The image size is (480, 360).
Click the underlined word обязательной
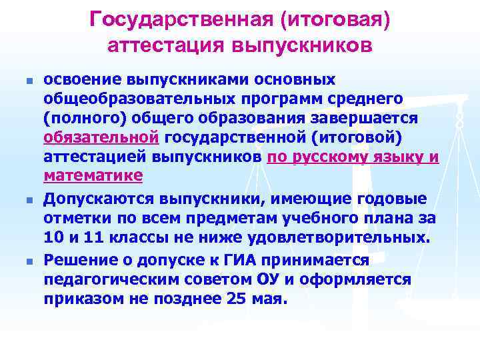tap(101, 137)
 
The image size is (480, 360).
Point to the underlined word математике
tap(93, 176)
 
